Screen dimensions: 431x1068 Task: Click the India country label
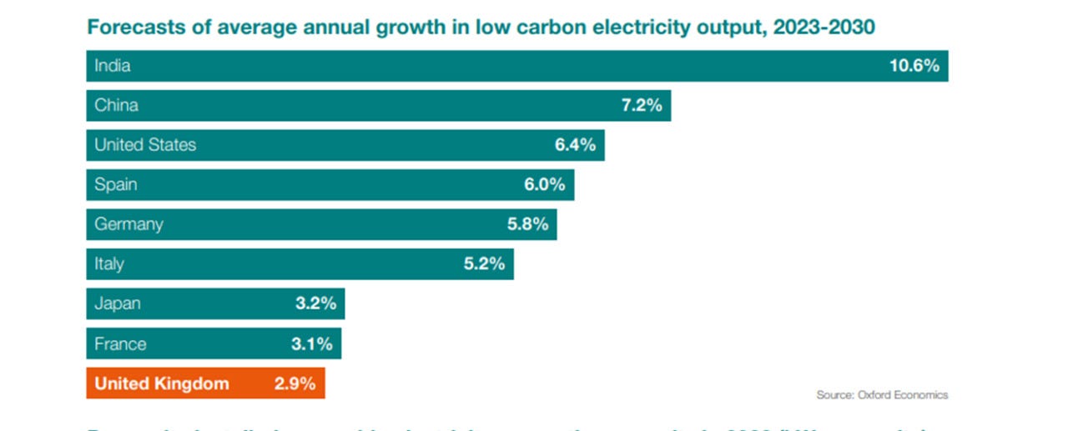(113, 66)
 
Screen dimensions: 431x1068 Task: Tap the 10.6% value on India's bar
(914, 66)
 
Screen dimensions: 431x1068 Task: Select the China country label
(116, 105)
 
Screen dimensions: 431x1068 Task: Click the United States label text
(145, 145)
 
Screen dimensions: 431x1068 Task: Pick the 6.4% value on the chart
(575, 145)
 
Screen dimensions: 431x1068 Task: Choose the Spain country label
(116, 184)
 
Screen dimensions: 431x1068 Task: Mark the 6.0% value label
(544, 184)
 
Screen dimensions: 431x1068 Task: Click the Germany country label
(128, 224)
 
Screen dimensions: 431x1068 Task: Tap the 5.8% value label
(527, 224)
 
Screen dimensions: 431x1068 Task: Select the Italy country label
(109, 264)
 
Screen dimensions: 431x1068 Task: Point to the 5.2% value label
(484, 264)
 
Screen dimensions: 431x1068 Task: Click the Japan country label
(118, 303)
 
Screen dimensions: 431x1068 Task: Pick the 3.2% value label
(315, 303)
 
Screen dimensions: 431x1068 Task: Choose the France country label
(120, 343)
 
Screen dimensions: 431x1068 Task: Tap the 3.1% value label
(312, 343)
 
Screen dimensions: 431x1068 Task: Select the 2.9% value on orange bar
(295, 383)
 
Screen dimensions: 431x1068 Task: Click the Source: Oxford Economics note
(882, 395)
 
